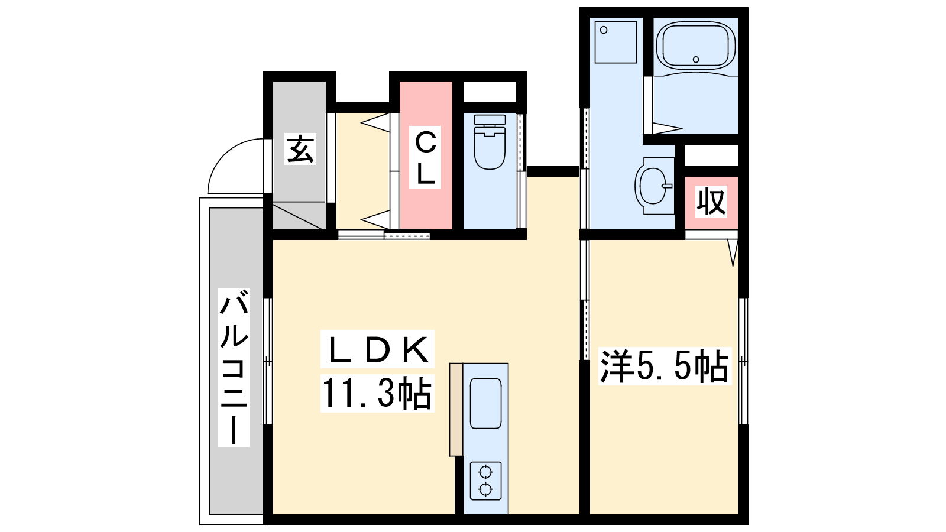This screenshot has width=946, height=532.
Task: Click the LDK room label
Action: (377, 350)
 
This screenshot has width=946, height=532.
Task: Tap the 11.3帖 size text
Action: (377, 393)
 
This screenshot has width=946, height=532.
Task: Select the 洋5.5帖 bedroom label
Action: (665, 366)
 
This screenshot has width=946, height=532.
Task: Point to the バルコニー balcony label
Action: (234, 367)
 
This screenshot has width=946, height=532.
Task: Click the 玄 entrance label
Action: (300, 148)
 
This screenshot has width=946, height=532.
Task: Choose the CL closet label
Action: (425, 157)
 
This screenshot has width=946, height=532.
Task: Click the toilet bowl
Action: (490, 148)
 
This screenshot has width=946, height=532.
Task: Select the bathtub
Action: (696, 45)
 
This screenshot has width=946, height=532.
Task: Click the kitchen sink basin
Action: (485, 403)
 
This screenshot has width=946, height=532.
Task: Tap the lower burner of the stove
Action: (485, 490)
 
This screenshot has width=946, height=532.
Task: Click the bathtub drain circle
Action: (696, 60)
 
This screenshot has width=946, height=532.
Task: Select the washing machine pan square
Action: (615, 42)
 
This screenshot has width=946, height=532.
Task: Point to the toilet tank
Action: (490, 119)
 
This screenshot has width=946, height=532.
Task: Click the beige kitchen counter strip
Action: (456, 410)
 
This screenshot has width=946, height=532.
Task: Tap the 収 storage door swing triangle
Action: (733, 252)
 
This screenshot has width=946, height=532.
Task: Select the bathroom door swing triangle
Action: (668, 128)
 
